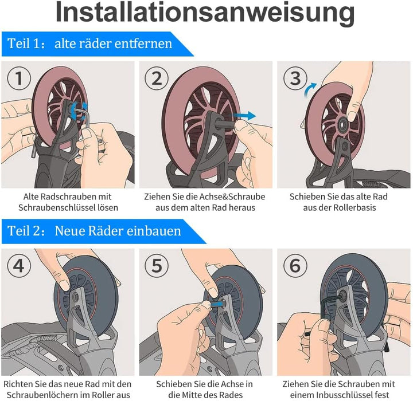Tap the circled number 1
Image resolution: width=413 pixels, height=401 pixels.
[x=19, y=78]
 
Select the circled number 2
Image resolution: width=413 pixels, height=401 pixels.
[x=157, y=78]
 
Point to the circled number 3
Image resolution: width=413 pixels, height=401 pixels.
[x=295, y=78]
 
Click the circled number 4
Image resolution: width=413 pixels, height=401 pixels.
[x=19, y=265]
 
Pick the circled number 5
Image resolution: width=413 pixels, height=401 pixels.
[x=157, y=265]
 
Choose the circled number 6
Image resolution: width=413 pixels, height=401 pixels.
[x=295, y=265]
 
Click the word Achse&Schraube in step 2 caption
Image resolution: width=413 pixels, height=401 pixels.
[x=232, y=196]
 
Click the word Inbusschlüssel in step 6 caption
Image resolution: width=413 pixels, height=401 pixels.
[x=345, y=395]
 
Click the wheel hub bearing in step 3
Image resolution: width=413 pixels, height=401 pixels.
[x=343, y=123]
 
